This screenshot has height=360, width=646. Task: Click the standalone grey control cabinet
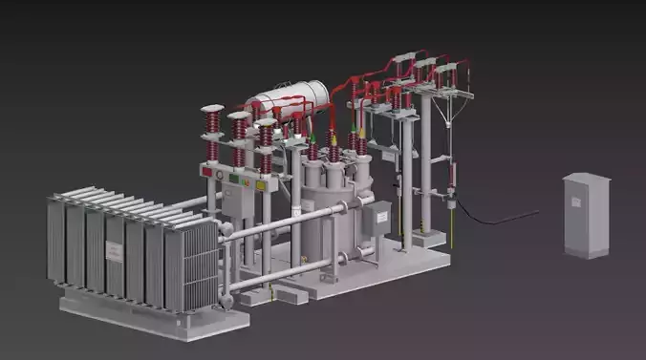tap(586, 215)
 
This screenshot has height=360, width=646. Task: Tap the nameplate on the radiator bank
tap(115, 251)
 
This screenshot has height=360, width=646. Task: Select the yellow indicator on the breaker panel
tap(260, 183)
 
